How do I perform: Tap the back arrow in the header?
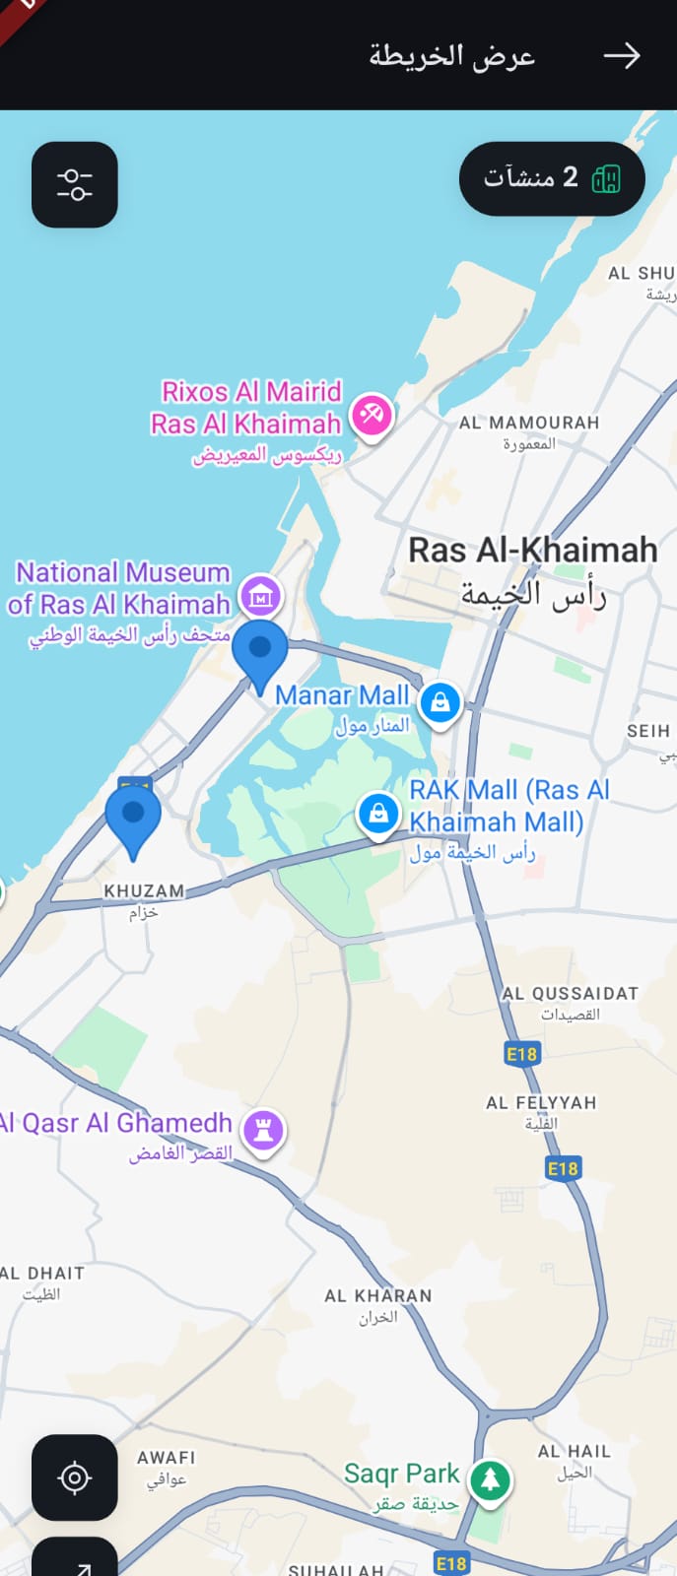(621, 56)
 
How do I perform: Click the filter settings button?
(75, 185)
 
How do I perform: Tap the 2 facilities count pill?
(551, 178)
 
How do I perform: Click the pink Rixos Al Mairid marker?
(372, 414)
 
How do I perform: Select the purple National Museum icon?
(261, 595)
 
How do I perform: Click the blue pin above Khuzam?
(133, 819)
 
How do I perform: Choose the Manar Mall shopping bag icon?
(440, 702)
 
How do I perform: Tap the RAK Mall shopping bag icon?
(377, 814)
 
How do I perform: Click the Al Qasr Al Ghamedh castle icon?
(263, 1130)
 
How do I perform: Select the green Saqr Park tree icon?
(490, 1479)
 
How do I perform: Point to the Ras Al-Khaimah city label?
(533, 551)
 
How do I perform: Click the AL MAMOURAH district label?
(528, 423)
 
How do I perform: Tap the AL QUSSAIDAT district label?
(570, 994)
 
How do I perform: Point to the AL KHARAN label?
(378, 1296)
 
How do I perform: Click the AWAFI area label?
(167, 1458)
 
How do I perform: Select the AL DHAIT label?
(42, 1274)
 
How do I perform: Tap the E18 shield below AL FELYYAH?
(563, 1168)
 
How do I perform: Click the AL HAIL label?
(575, 1452)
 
